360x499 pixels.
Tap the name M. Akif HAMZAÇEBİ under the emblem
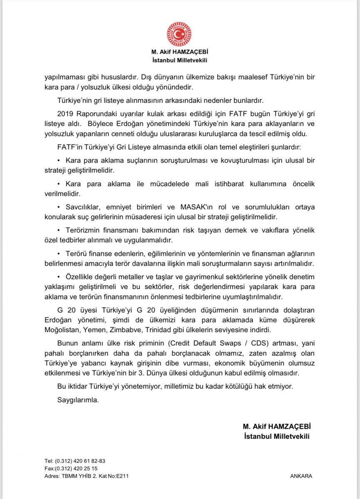[179, 52]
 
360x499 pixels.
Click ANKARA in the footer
[301, 477]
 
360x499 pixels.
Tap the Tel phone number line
[75, 461]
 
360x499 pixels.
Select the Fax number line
[74, 469]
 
